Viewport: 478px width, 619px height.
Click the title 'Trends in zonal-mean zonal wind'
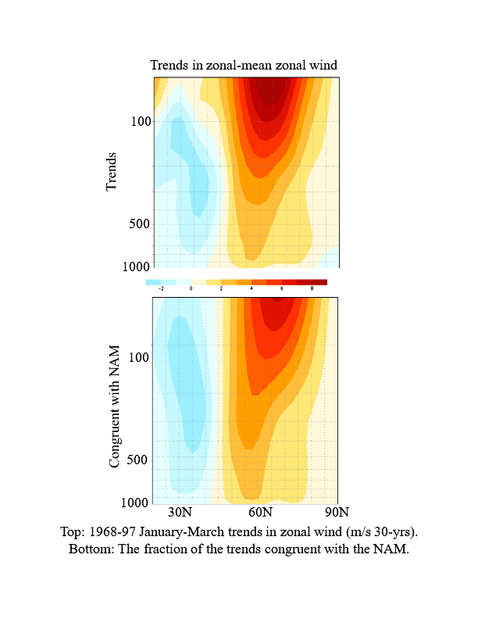coord(244,66)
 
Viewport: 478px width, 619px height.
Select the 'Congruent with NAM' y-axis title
coord(115,406)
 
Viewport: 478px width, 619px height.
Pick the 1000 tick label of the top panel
coord(137,267)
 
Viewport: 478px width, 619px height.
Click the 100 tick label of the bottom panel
coord(138,357)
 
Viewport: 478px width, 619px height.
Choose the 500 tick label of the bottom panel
coord(138,459)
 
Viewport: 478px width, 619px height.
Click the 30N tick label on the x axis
coord(180,513)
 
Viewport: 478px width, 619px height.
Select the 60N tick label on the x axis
coord(260,513)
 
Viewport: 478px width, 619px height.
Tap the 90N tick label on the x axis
coord(337,513)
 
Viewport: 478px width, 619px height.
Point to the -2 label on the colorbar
coord(161,288)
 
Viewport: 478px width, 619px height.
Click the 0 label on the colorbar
coord(191,288)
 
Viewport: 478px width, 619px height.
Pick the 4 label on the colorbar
coord(251,288)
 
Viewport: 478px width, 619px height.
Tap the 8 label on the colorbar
coord(312,288)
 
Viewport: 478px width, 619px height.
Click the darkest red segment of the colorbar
coord(319,281)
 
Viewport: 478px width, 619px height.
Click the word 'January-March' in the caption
coord(188,531)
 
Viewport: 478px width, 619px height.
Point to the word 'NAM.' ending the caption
coord(394,548)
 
